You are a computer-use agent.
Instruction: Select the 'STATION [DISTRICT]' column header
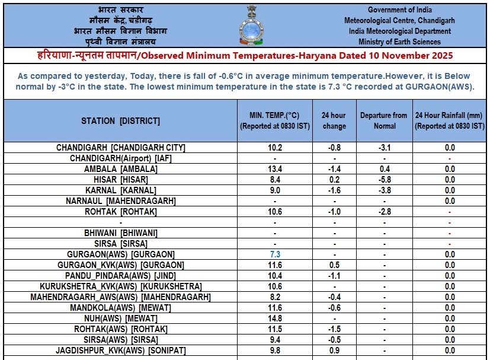[121, 121]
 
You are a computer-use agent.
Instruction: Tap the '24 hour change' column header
[334, 120]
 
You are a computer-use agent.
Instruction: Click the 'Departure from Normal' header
[384, 120]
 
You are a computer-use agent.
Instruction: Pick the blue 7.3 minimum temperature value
[275, 254]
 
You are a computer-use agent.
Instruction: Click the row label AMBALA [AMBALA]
[121, 169]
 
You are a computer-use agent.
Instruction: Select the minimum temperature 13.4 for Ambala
[275, 169]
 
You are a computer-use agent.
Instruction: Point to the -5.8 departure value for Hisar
[384, 180]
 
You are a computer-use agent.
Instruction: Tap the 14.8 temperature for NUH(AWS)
[275, 318]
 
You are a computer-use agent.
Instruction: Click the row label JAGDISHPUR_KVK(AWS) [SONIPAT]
[121, 351]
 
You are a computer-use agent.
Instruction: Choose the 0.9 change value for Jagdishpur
[334, 351]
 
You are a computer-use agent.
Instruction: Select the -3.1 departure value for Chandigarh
[384, 148]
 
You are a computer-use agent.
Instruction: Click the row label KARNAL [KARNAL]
[121, 190]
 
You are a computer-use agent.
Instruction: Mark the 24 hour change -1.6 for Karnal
[334, 190]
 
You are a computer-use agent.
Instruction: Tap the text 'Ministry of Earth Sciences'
[399, 42]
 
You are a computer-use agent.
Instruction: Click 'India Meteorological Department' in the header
[399, 31]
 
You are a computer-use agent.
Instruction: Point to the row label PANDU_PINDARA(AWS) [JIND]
[121, 276]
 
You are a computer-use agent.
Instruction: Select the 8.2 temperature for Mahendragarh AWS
[275, 297]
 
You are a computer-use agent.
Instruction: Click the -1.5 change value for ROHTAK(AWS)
[334, 329]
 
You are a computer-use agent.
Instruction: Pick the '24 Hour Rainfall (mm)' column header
[450, 120]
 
